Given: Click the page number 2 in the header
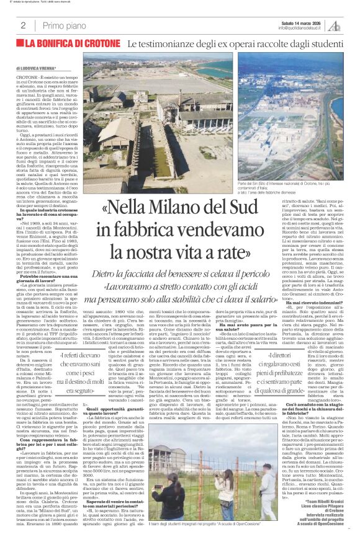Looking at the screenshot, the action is (23, 25).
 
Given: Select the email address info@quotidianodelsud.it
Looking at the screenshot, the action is (301, 28).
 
